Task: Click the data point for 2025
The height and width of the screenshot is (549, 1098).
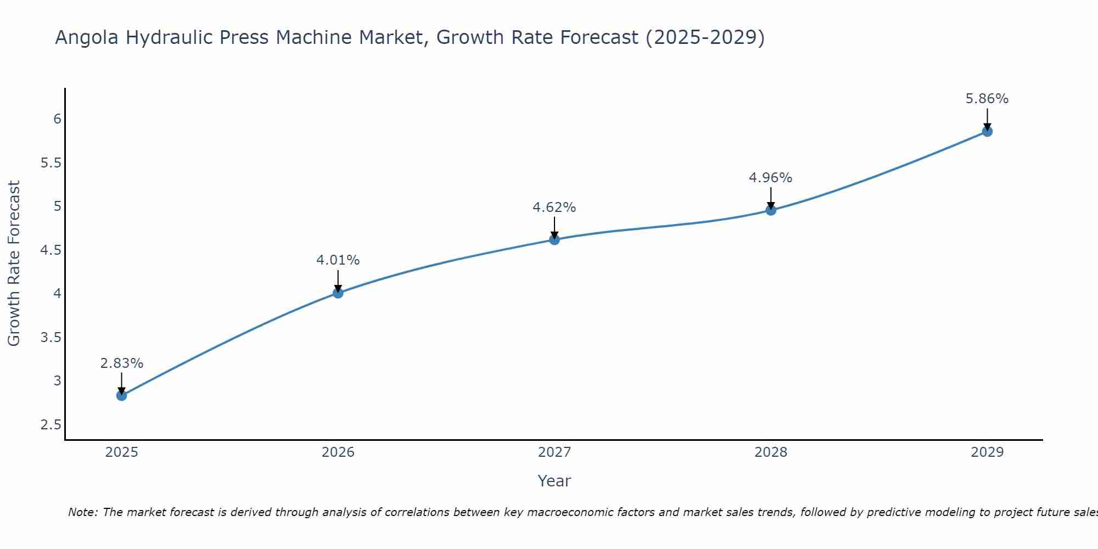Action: click(122, 395)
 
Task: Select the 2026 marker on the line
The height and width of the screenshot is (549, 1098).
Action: click(338, 293)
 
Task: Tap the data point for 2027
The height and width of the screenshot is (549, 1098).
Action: click(554, 239)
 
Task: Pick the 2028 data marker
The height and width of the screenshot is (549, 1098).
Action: click(771, 210)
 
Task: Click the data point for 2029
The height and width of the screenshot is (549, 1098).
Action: click(987, 131)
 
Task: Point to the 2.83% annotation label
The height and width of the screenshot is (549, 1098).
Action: click(122, 363)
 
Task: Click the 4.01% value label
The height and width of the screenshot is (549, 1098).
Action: click(338, 260)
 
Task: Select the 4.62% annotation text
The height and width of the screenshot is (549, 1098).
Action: click(554, 208)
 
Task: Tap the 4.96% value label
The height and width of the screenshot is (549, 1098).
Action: click(771, 178)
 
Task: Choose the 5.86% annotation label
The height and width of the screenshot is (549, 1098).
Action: click(987, 99)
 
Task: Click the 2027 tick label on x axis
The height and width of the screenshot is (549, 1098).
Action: click(554, 452)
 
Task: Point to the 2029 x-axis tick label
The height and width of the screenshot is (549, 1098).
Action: click(987, 452)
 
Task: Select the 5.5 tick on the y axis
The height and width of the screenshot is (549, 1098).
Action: click(51, 163)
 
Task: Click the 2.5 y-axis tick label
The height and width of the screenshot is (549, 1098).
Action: click(51, 425)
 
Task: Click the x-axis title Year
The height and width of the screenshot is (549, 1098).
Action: click(554, 481)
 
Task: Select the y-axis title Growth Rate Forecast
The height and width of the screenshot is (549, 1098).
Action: click(14, 264)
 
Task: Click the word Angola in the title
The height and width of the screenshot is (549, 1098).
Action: click(87, 37)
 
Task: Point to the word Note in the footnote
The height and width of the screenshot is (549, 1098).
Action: click(82, 512)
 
